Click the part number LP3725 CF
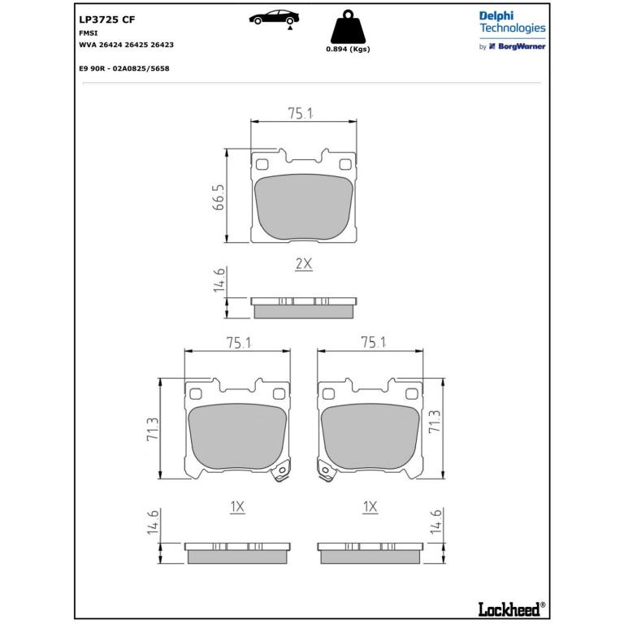click(107, 19)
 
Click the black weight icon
click(348, 27)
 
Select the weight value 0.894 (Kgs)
click(348, 49)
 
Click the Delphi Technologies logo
click(512, 22)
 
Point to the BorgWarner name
click(522, 46)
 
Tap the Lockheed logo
click(511, 609)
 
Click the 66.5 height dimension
click(219, 197)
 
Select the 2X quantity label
click(304, 264)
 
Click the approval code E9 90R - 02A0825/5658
click(124, 68)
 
